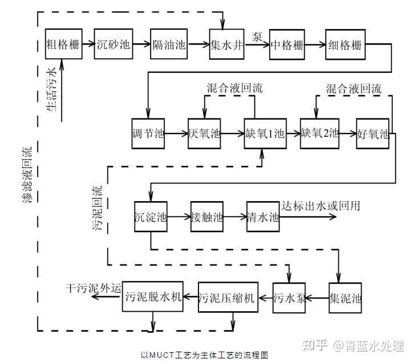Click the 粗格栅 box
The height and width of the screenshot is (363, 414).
coord(62,43)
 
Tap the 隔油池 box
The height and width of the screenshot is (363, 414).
coord(168,43)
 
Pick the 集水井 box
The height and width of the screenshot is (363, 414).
coord(226,43)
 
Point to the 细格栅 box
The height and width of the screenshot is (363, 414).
coord(344,43)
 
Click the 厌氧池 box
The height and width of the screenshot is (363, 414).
coord(204,134)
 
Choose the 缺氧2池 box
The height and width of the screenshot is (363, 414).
coord(320,134)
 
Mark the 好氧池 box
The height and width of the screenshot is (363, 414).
coord(373,134)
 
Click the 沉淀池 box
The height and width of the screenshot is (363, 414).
coord(151,217)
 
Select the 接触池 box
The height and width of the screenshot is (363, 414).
coord(206,217)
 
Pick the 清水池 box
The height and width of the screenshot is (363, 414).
coord(263,217)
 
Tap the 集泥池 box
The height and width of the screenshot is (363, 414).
coord(346,297)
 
